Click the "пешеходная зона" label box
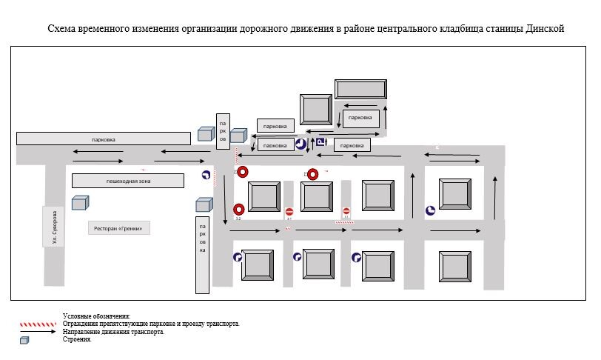click(x=127, y=181)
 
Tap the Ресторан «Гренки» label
click(x=119, y=229)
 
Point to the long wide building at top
click(x=360, y=89)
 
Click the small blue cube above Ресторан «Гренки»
click(x=79, y=202)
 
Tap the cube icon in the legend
click(x=25, y=340)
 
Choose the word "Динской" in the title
click(x=545, y=29)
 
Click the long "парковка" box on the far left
click(x=104, y=139)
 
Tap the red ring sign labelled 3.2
click(x=239, y=210)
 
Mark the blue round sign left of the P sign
click(x=300, y=144)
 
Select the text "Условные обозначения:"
click(x=96, y=316)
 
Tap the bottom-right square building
click(x=454, y=265)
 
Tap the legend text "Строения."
click(x=77, y=339)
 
